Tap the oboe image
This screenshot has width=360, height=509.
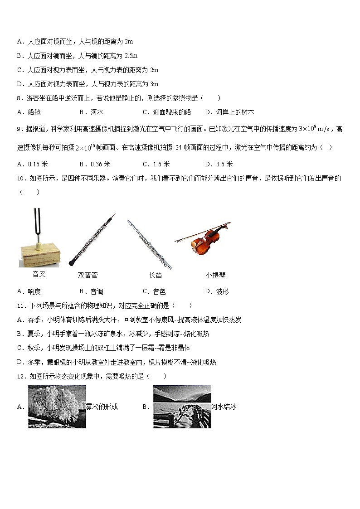[x=92, y=240]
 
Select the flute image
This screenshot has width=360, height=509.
[x=149, y=244]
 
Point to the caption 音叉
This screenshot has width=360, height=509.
[x=39, y=274]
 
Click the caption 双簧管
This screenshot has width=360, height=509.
[x=88, y=275]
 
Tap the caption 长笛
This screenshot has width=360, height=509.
[x=155, y=275]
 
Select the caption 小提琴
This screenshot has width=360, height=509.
[x=215, y=275]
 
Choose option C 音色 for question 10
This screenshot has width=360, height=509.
[x=154, y=291]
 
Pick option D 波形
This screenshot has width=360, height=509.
[x=216, y=291]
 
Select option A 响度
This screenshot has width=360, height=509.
[x=29, y=291]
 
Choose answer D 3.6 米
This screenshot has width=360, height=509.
[x=219, y=164]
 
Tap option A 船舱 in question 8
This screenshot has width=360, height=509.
[x=29, y=112]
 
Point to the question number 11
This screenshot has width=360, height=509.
[x=20, y=305]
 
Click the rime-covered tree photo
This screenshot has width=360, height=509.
[x=57, y=407]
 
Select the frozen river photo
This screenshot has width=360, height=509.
[x=182, y=407]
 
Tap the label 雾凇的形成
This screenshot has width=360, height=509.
[x=102, y=407]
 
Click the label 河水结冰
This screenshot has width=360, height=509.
[x=224, y=407]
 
